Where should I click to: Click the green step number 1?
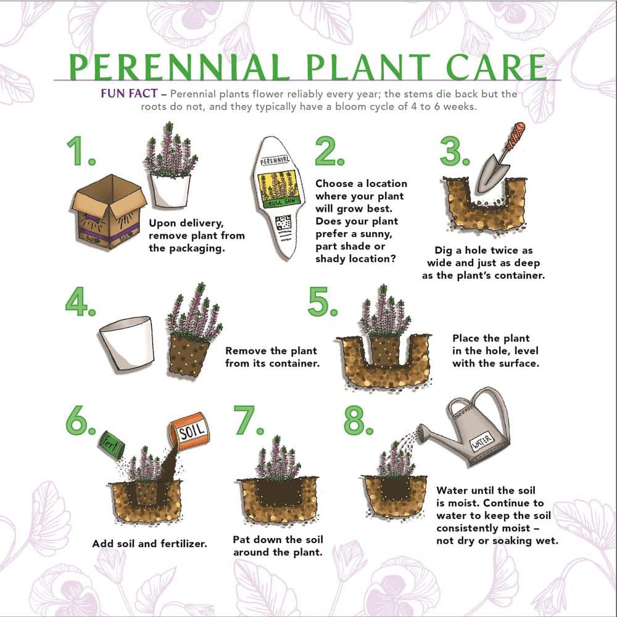point(81,151)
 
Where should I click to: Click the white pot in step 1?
point(170,191)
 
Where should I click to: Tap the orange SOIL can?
point(188,433)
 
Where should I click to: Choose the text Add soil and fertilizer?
point(149,544)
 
